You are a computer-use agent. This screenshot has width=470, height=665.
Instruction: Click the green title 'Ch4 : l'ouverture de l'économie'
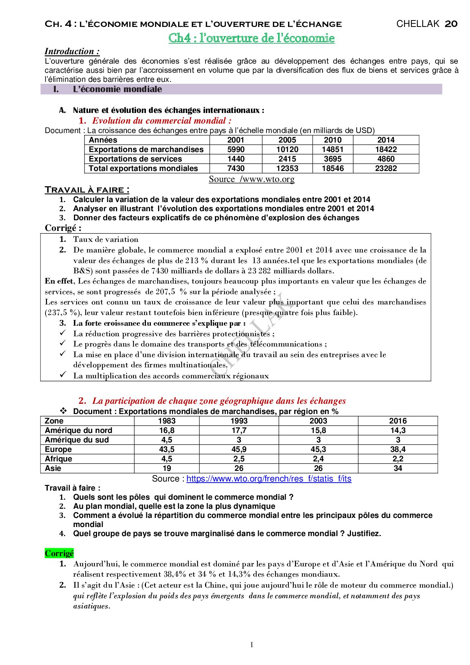[x=251, y=38]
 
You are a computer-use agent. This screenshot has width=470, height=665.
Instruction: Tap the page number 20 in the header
[x=451, y=24]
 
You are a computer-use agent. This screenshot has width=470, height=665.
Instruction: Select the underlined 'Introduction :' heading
[x=72, y=51]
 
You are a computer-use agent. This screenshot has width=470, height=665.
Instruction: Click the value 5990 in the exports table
[x=236, y=149]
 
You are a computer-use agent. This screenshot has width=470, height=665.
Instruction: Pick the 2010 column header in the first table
[x=332, y=140]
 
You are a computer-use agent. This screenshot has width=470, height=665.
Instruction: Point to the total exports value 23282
[x=385, y=168]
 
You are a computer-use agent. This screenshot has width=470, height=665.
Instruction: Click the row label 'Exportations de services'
[x=135, y=159]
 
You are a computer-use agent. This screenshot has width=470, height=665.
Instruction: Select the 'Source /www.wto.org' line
[x=251, y=179]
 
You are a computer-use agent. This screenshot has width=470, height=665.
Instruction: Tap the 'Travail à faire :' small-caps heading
[x=87, y=190]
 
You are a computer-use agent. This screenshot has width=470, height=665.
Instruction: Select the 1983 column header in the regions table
[x=167, y=421]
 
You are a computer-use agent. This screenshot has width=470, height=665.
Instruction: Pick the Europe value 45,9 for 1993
[x=239, y=449]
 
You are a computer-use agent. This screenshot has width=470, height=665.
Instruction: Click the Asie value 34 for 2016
[x=398, y=468]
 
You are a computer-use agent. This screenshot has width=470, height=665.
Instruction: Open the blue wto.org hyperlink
[x=269, y=479]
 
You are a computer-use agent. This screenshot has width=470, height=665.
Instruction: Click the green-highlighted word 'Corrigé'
[x=59, y=554]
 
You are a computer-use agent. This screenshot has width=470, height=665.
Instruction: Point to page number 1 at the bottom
[x=252, y=645]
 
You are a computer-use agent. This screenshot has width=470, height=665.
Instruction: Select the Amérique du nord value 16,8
[x=167, y=430]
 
